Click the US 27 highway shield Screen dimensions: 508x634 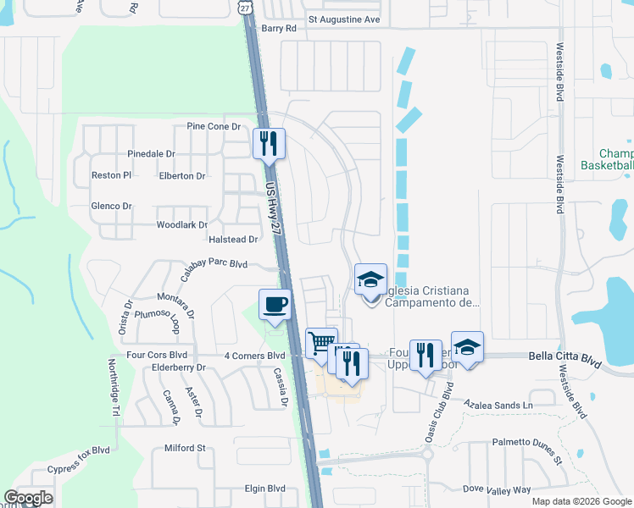pyautogui.click(x=246, y=7)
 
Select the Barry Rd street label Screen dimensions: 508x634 pyautogui.click(x=280, y=28)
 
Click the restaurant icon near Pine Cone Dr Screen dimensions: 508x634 pyautogui.click(x=269, y=142)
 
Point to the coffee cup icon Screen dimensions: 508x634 pyautogui.click(x=275, y=305)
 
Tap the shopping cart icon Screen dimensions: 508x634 pyautogui.click(x=321, y=344)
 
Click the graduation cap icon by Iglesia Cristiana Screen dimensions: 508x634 pyautogui.click(x=370, y=279)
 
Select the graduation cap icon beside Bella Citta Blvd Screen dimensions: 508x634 pyautogui.click(x=467, y=346)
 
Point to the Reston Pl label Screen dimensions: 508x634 pyautogui.click(x=111, y=175)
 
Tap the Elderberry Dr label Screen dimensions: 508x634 pyautogui.click(x=177, y=368)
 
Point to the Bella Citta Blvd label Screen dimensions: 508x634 pyautogui.click(x=565, y=357)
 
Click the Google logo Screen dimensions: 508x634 pyautogui.click(x=29, y=497)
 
